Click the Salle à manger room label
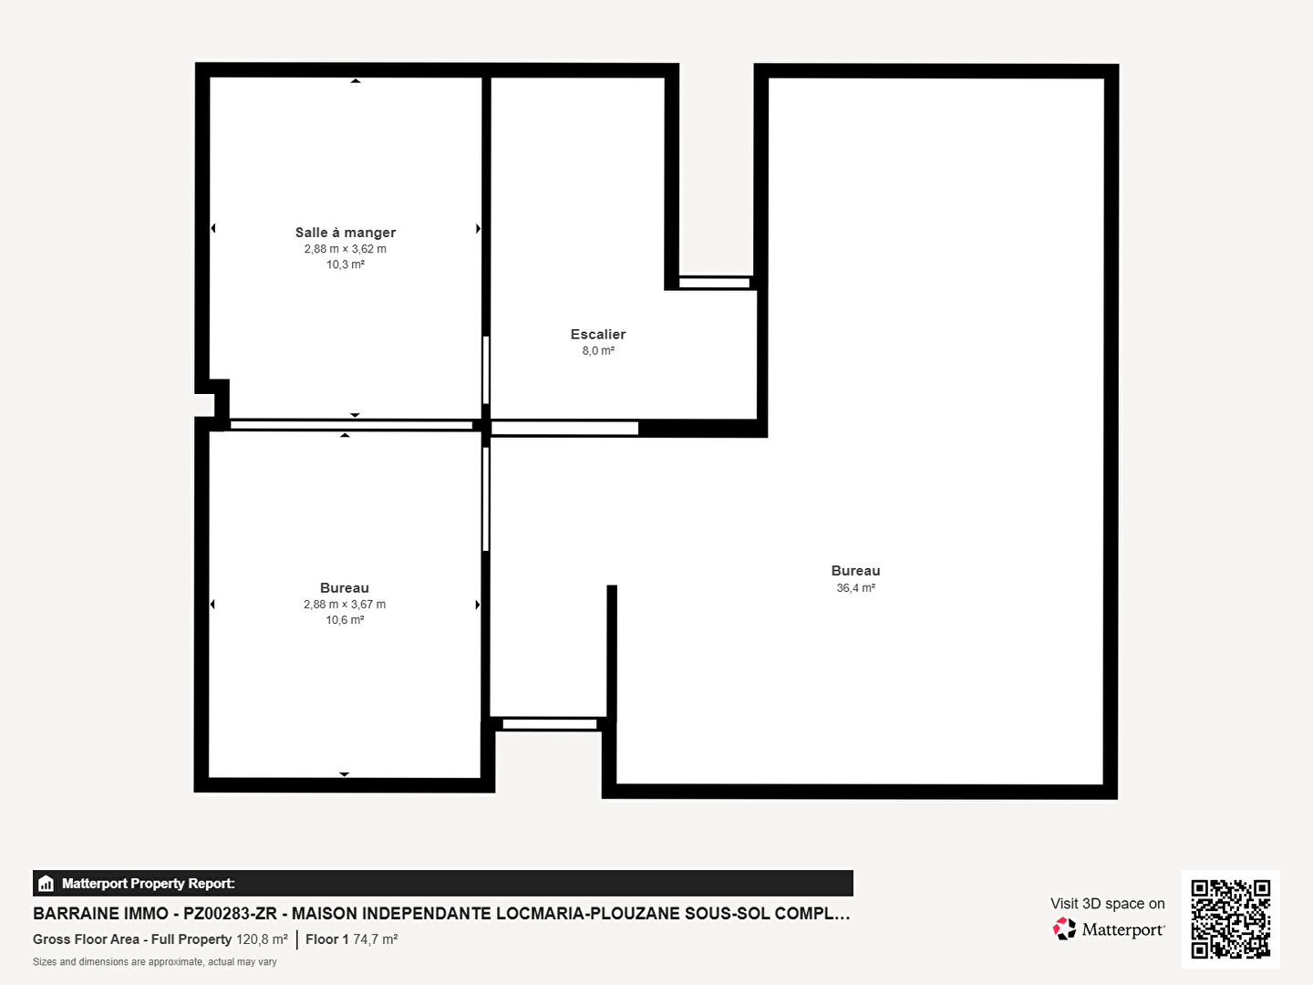pos(346,232)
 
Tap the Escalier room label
pos(597,335)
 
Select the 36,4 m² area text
pos(855,588)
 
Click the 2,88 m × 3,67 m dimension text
pos(345,604)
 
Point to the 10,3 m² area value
pos(346,264)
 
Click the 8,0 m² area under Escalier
pos(598,350)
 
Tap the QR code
pos(1230,919)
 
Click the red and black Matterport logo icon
pos(1064,928)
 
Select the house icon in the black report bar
pos(47,884)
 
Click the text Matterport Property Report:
pos(149,884)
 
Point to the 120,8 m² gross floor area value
pos(262,939)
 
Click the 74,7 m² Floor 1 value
pos(375,939)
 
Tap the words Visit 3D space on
pos(1107,904)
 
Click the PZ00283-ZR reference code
pos(230,914)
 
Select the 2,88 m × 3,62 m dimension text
pos(346,249)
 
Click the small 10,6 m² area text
pos(345,620)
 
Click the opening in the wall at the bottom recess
pos(549,724)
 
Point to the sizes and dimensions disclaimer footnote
pos(154,961)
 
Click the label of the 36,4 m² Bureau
pos(855,571)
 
